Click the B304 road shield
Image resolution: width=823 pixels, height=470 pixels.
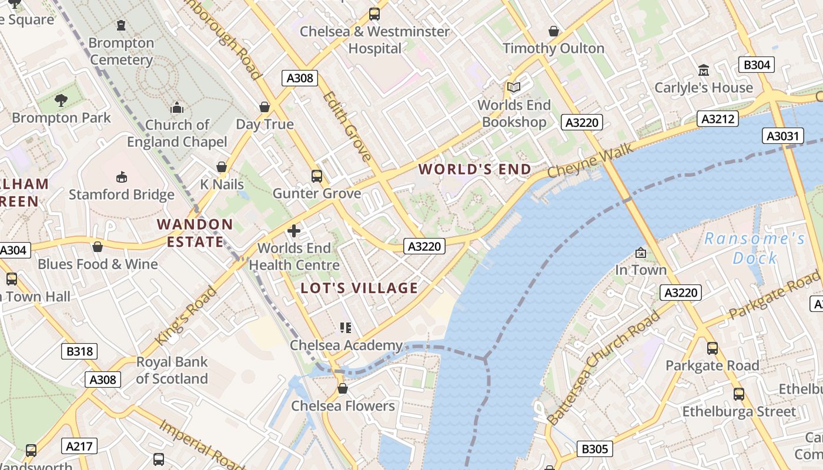757,65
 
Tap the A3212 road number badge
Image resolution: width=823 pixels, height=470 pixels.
718,119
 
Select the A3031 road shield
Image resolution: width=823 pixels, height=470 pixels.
783,136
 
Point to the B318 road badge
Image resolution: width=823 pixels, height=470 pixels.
79,351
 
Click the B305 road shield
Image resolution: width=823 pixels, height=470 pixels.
594,449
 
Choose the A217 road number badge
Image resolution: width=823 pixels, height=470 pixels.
79,446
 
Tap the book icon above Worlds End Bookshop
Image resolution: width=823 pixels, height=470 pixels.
514,88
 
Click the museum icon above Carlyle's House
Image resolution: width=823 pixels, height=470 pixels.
703,70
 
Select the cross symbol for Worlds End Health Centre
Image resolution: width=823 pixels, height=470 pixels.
294,231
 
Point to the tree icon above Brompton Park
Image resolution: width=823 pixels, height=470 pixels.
61,100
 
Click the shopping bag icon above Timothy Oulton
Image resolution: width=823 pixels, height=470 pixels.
553,31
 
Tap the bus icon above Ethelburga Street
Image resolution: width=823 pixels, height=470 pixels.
738,394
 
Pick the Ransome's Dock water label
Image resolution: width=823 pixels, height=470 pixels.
755,248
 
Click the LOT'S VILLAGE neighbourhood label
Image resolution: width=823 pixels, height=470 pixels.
359,288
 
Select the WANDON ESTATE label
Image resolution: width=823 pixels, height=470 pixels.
195,233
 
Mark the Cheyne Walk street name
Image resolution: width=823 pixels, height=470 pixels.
590,162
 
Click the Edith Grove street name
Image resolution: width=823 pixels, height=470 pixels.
347,126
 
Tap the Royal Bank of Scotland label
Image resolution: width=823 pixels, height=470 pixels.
172,370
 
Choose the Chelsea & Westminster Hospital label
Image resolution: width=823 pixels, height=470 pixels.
374,39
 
